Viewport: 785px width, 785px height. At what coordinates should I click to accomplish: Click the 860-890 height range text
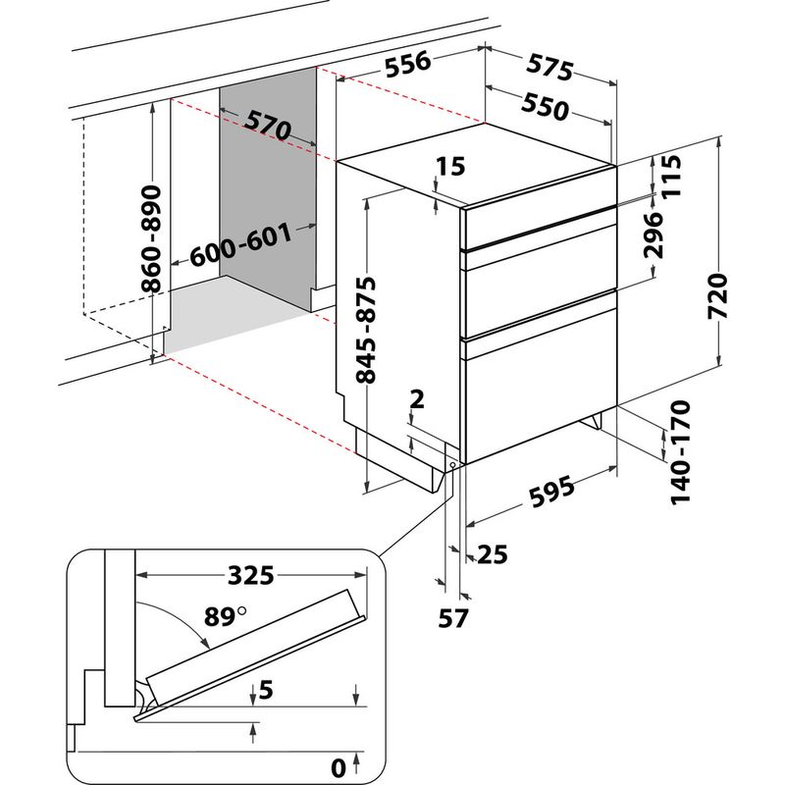tap(151, 238)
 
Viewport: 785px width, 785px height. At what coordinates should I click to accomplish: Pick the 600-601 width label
tap(240, 245)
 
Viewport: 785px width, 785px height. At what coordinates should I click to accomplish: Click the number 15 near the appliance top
tap(450, 166)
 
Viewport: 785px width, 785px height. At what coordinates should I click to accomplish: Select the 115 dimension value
tap(670, 177)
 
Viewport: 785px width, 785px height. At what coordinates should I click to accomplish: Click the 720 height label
tap(718, 294)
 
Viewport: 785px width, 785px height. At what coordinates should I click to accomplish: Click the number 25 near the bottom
tap(493, 556)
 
